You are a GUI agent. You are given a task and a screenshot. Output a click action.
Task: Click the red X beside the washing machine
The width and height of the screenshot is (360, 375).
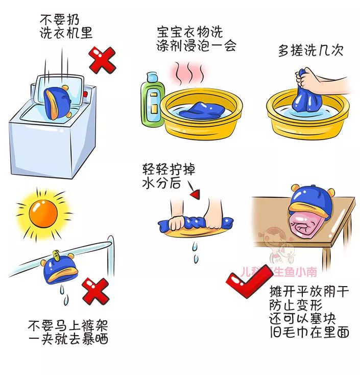[103, 60]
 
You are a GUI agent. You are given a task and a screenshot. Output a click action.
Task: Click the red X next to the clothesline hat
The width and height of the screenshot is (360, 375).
[96, 290]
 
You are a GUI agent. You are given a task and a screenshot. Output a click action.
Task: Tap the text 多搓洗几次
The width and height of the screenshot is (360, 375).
[310, 51]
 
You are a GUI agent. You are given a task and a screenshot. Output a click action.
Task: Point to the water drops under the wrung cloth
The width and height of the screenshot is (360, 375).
[195, 253]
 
